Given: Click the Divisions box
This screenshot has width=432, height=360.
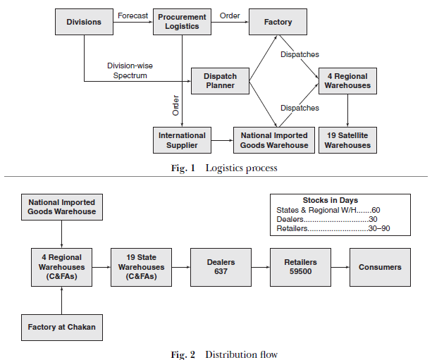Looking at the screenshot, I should pos(84,22).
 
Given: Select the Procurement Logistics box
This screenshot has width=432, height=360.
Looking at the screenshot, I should pos(182,22).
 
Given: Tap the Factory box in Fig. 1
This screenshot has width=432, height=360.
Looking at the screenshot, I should pos(278,22).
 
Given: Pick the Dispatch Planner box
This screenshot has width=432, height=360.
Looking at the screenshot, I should pos(220,81).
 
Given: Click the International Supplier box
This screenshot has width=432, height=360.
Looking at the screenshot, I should pos(182,140).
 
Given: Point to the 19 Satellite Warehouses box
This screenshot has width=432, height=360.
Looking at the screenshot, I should pos(347,140).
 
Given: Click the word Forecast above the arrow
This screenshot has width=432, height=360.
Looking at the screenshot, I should pos(132,15).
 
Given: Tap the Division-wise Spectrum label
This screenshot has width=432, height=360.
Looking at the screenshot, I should pos(130,70).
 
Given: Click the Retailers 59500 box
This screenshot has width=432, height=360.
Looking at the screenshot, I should pos(300,267).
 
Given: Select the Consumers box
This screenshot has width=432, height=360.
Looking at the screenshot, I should pos(380,267).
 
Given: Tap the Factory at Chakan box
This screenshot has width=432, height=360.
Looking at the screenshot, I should pos(62,327).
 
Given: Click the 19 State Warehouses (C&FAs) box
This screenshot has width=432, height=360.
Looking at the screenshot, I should pos(142,267).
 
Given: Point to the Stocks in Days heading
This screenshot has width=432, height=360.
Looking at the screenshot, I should pos(330,200).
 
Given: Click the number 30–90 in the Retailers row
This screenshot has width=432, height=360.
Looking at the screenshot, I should pos(380,229).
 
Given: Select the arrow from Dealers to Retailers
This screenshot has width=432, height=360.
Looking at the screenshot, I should pos(260,267).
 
